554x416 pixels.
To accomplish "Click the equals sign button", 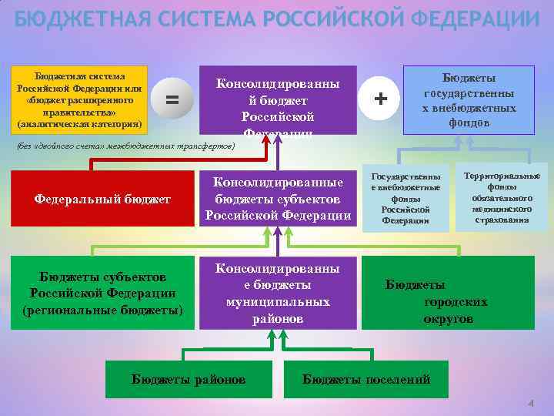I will pyautogui.click(x=172, y=99).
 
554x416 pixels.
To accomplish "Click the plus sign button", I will pyautogui.click(x=379, y=99).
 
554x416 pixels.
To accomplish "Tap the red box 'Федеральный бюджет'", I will pyautogui.click(x=102, y=200).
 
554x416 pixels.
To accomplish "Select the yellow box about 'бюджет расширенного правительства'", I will pyautogui.click(x=79, y=99).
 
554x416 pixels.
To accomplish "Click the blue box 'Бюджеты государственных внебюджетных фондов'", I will pyautogui.click(x=468, y=100).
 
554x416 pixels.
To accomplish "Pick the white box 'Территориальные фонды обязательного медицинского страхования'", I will pyautogui.click(x=502, y=197).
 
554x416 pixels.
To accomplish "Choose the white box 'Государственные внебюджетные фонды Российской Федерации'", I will pyautogui.click(x=405, y=199).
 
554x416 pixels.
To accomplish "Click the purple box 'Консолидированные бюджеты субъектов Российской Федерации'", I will pyautogui.click(x=278, y=199).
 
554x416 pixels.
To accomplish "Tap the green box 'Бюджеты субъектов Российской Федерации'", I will pyautogui.click(x=102, y=293).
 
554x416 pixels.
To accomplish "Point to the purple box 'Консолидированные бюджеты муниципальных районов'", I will pyautogui.click(x=278, y=293).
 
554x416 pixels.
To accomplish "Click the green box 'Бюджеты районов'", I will pyautogui.click(x=189, y=379).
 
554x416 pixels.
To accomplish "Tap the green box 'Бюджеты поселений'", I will pyautogui.click(x=366, y=379).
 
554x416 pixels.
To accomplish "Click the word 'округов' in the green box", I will pyautogui.click(x=449, y=318).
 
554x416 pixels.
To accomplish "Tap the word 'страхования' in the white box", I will pyautogui.click(x=502, y=220).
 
